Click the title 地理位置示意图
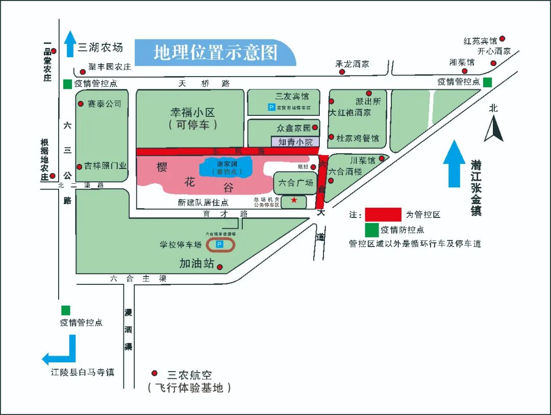[215, 53]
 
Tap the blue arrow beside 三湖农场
[70, 44]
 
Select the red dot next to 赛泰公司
[81, 104]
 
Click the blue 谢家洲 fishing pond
[226, 167]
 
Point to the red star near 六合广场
[294, 200]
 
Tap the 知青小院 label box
[295, 142]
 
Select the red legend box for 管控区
[383, 214]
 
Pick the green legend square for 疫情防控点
[372, 230]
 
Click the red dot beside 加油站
[220, 267]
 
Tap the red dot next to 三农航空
[155, 373]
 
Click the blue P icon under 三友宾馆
[271, 107]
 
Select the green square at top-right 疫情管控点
[488, 82]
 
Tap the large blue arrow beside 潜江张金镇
[454, 163]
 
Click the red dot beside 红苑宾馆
[502, 39]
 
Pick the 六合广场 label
[296, 182]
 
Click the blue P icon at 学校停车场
[220, 245]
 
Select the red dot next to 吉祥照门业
[80, 166]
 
